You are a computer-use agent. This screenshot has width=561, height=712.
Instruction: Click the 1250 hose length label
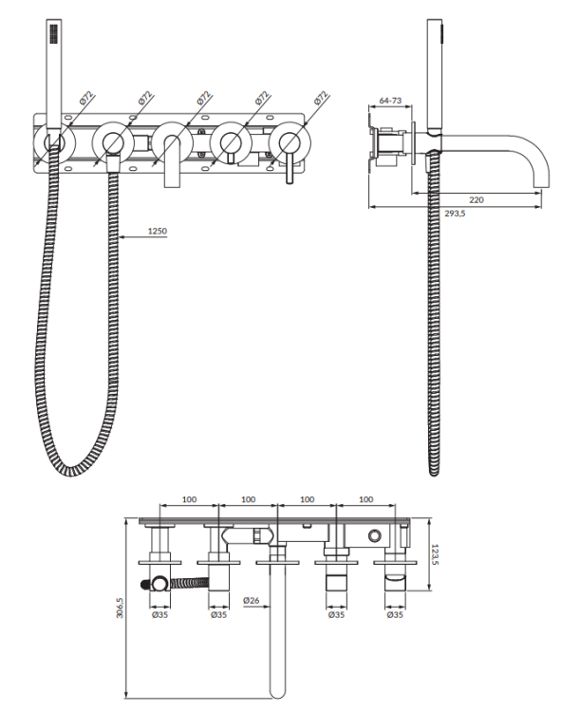(159, 231)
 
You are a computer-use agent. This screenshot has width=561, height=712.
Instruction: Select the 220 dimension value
(477, 200)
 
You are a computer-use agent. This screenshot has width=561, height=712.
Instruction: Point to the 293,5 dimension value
(455, 215)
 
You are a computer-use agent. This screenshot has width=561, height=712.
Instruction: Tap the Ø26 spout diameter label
(252, 600)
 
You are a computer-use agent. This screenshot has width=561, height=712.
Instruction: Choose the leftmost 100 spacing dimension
(189, 498)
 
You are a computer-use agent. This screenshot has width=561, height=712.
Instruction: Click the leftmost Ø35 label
(159, 614)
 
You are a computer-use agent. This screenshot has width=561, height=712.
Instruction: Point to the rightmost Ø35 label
(397, 614)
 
